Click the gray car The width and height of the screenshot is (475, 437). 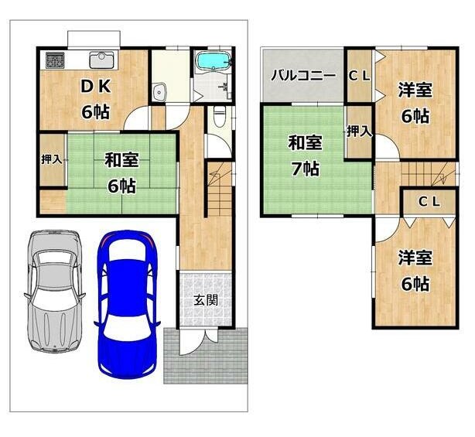click(x=54, y=291)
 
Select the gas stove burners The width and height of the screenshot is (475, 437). click(x=55, y=60)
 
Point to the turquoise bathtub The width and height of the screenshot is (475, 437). click(x=214, y=61)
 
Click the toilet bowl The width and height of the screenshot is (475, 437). click(x=219, y=117)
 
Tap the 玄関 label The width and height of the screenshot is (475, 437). click(x=206, y=300)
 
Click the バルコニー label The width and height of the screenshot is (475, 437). click(x=303, y=75)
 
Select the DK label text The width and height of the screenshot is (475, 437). click(x=95, y=87)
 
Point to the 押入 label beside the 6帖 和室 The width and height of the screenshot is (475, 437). click(x=52, y=159)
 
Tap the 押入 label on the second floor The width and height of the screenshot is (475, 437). click(x=359, y=131)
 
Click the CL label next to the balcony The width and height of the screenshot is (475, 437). click(x=359, y=76)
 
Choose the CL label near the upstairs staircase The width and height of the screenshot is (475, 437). click(x=429, y=202)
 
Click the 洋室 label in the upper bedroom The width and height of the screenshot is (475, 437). click(x=415, y=90)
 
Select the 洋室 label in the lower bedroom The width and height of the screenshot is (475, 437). click(x=415, y=258)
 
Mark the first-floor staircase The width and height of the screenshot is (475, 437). click(x=220, y=189)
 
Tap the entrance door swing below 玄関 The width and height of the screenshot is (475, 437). click(x=194, y=343)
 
